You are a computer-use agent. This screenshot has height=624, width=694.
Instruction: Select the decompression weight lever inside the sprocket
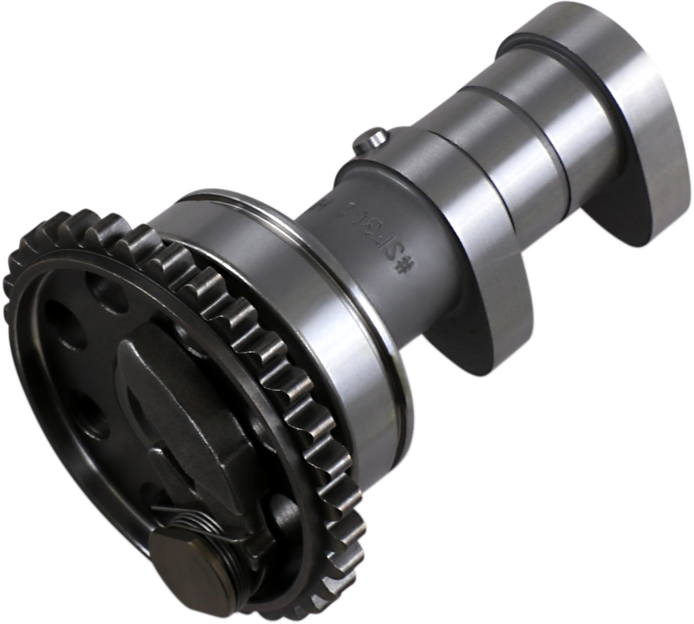pyautogui.click(x=189, y=410)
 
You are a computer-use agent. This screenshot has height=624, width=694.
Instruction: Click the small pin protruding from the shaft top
pyautogui.click(x=370, y=139)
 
